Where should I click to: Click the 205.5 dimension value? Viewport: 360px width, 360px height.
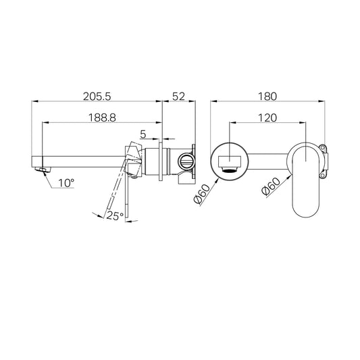[97, 97]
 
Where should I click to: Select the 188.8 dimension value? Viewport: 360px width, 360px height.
[102, 118]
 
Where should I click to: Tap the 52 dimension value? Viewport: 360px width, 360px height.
[178, 97]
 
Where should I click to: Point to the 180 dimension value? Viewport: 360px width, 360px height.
[267, 97]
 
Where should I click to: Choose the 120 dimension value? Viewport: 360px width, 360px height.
[267, 118]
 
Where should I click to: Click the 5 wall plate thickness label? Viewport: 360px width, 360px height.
[143, 134]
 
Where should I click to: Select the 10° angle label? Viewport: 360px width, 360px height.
[66, 183]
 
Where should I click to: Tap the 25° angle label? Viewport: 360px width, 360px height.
[115, 216]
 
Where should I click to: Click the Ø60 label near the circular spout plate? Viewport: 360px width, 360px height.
[202, 194]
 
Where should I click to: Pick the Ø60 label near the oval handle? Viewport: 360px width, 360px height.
[271, 186]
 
